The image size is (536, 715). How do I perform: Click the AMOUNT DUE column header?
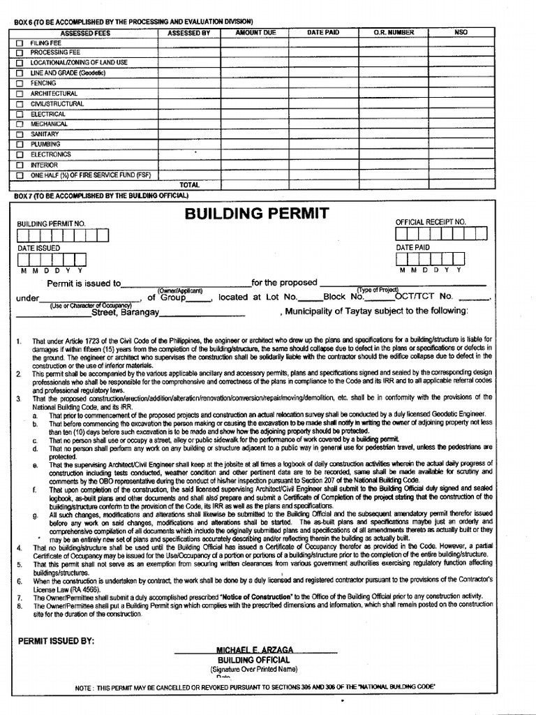click(x=255, y=32)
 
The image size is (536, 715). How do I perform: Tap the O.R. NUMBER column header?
click(x=394, y=32)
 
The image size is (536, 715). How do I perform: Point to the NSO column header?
click(x=461, y=32)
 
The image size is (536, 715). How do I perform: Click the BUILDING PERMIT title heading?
click(x=256, y=213)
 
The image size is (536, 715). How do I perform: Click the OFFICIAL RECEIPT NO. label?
click(x=430, y=222)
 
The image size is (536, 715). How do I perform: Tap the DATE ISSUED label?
click(x=39, y=248)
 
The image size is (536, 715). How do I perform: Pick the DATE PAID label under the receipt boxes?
click(x=413, y=247)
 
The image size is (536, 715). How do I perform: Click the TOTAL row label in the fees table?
click(x=189, y=185)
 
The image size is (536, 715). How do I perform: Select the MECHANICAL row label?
click(x=49, y=124)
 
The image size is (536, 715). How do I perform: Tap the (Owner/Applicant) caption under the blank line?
click(x=179, y=290)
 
